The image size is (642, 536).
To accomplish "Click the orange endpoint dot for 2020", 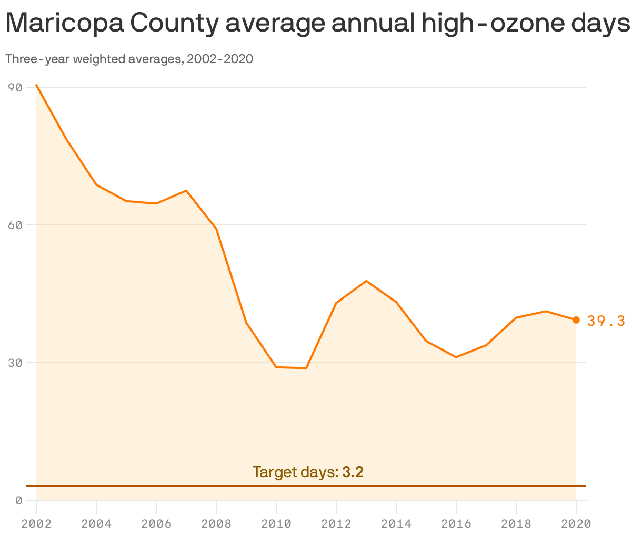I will [x=576, y=320].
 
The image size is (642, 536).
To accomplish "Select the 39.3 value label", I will [x=606, y=321].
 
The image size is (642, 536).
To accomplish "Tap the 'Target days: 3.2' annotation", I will [x=308, y=472].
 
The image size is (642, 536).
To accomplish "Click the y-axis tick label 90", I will [x=15, y=87].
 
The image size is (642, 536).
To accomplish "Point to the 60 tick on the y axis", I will [x=15, y=225].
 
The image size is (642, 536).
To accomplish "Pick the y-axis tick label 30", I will [x=15, y=363].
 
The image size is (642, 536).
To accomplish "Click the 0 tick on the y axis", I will [x=18, y=500].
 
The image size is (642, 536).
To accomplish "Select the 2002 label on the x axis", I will [x=36, y=523].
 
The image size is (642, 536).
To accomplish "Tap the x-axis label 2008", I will [x=216, y=523].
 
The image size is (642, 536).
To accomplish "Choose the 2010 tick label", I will [x=276, y=523].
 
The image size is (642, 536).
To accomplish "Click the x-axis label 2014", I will [x=396, y=523].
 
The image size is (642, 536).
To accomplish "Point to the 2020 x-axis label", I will [x=576, y=523].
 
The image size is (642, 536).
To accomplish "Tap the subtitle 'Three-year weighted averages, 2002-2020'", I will [x=129, y=59].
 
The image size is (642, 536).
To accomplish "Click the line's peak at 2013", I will [x=366, y=281].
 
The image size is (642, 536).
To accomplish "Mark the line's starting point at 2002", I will [x=36, y=85].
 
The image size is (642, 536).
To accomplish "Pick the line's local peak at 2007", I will [x=186, y=190].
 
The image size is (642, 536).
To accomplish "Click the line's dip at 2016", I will [x=456, y=357].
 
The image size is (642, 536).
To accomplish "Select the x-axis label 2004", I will [x=96, y=523].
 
